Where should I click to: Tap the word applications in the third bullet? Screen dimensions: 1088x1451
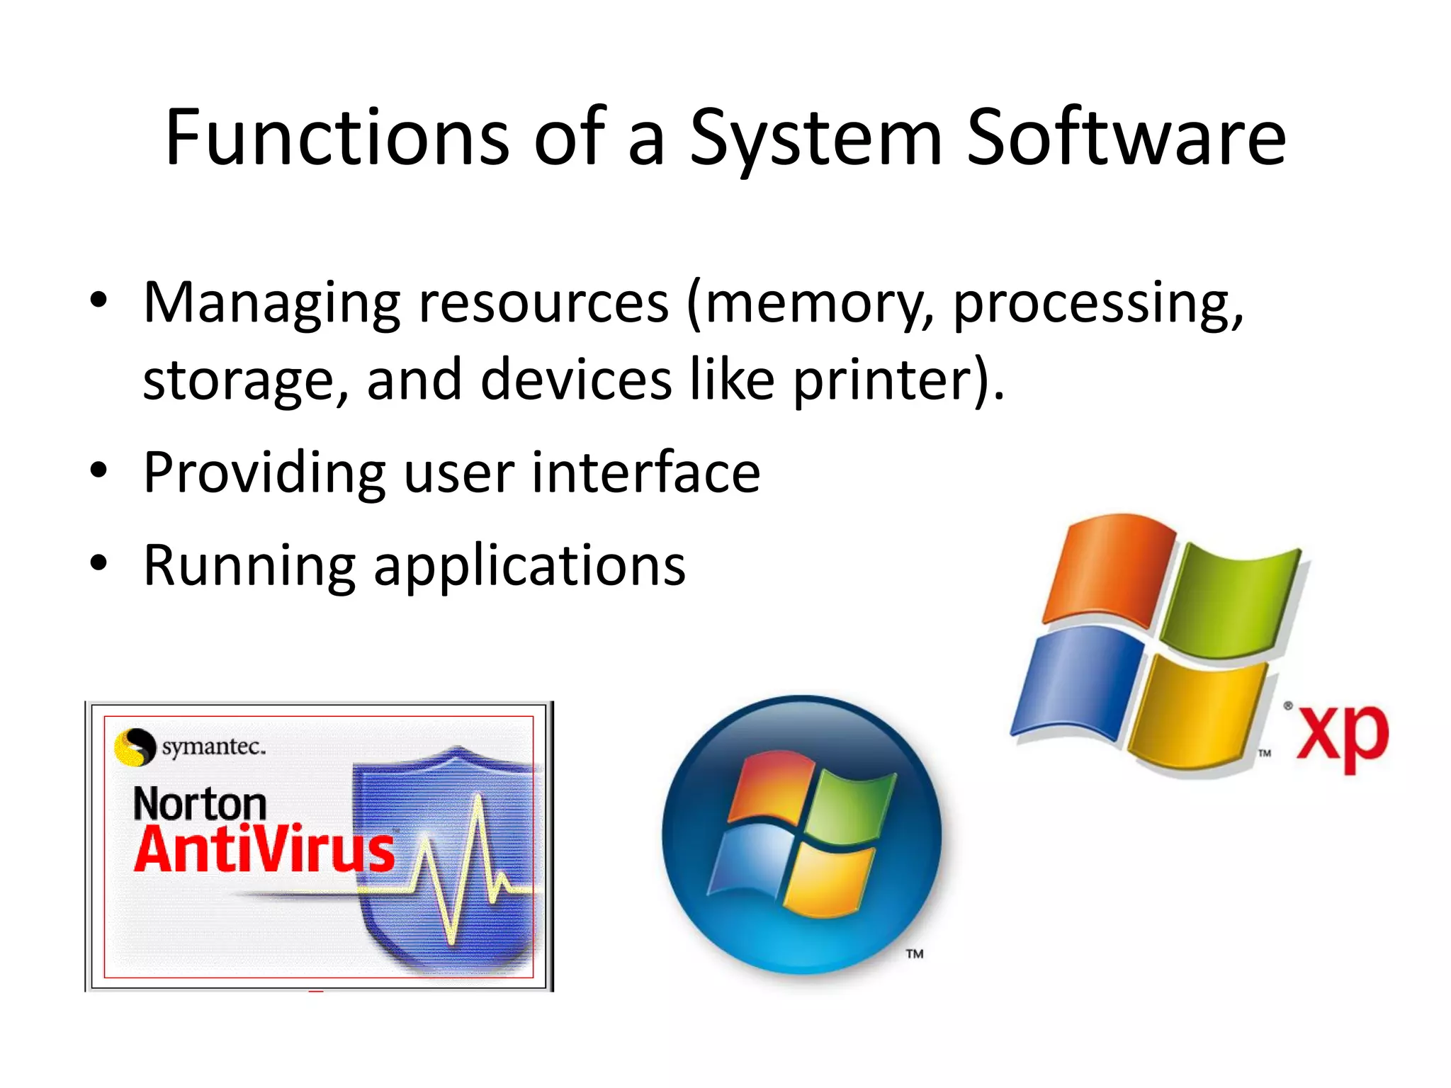point(529,566)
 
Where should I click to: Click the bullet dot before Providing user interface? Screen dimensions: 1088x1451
point(98,470)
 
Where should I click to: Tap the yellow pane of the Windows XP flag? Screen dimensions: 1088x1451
point(1197,715)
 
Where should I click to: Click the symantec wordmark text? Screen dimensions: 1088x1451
point(213,747)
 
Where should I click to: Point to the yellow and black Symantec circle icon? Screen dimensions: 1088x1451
point(135,747)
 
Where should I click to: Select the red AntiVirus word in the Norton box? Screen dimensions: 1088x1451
point(264,849)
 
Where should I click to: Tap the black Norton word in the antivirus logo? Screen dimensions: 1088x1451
point(200,804)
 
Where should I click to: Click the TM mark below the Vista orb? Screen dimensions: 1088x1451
point(915,954)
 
